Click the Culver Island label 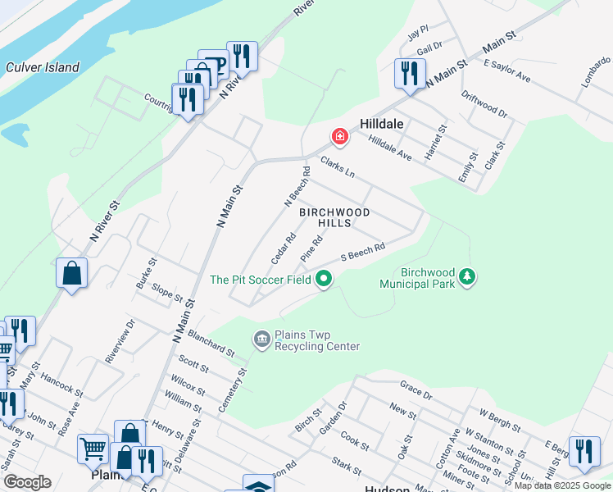coord(42,68)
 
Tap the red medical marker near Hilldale coord(338,135)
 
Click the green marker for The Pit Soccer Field coord(324,280)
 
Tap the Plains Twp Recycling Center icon coord(262,339)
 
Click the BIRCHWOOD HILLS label coord(334,217)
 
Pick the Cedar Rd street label coord(283,248)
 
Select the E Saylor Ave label coord(507,71)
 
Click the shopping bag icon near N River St coord(72,273)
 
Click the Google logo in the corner coord(27,482)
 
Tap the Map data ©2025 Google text coord(562,485)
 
